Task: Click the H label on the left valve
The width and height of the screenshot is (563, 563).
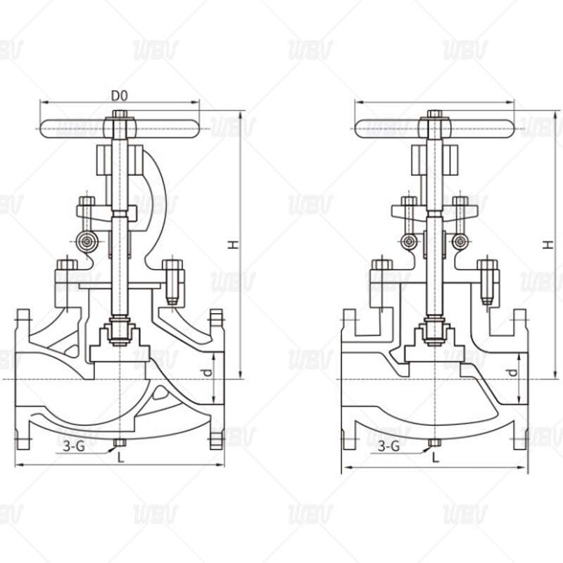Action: [231, 244]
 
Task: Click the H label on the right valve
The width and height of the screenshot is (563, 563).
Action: [547, 244]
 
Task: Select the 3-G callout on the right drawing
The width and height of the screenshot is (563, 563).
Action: [389, 445]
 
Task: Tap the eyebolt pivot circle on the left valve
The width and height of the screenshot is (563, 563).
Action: [88, 242]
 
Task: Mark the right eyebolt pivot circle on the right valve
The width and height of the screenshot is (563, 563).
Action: [461, 242]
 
